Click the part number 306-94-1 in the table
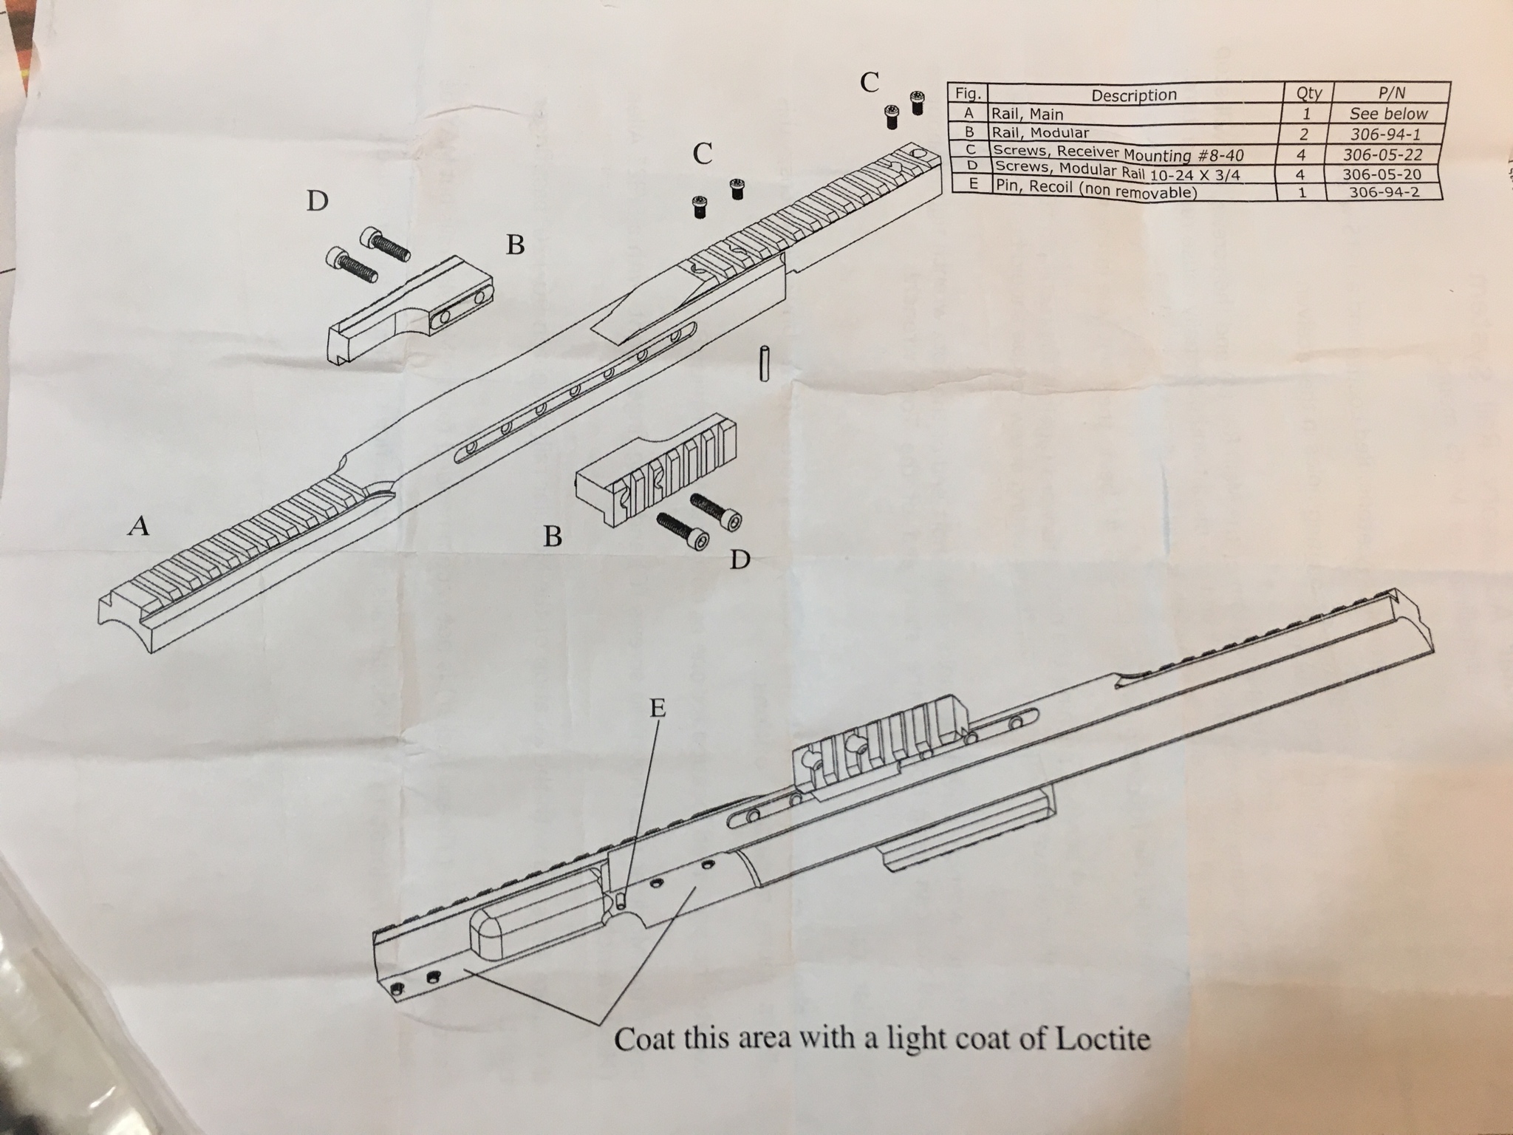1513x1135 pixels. [1385, 134]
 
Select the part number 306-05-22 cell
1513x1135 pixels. [1384, 154]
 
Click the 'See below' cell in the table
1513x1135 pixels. [1388, 114]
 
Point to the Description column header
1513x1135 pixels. [1134, 95]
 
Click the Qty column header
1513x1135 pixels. [1308, 93]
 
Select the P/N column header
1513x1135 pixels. [1391, 92]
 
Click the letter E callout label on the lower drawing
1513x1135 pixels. [657, 708]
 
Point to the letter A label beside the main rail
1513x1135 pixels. [139, 525]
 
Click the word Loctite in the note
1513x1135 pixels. [1104, 1039]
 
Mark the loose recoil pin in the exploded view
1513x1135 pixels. [765, 364]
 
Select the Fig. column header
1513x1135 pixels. [968, 94]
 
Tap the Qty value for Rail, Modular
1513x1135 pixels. [1304, 134]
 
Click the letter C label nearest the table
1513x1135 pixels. [870, 82]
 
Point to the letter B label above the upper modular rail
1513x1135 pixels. [515, 244]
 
